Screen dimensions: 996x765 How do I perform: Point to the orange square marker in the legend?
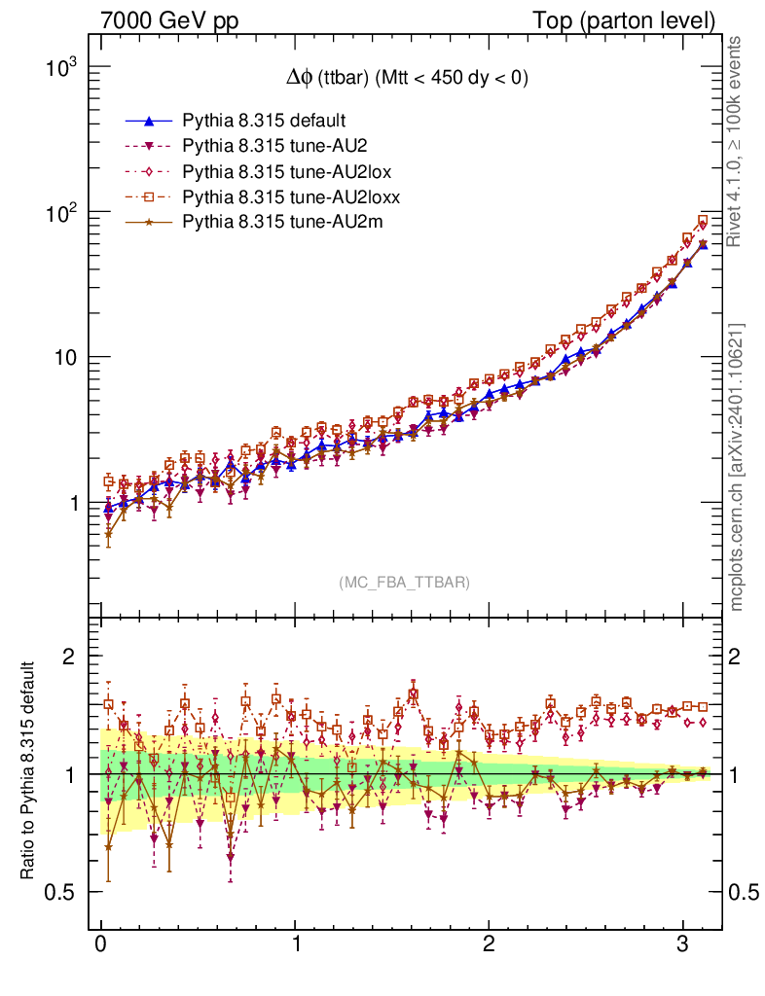tap(149, 197)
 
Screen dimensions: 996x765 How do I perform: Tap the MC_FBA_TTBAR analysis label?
tap(405, 583)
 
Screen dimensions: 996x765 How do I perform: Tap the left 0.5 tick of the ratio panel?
tap(64, 892)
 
